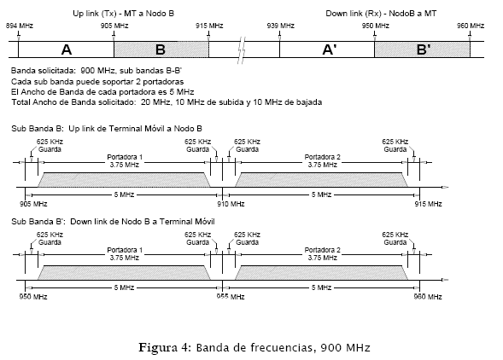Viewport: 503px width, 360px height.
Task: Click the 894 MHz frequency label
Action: [20, 26]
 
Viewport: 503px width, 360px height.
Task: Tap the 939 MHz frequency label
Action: [281, 26]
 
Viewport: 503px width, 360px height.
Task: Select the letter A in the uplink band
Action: [67, 49]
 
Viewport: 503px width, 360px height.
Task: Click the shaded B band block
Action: [161, 49]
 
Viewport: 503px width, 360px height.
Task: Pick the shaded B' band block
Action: [422, 49]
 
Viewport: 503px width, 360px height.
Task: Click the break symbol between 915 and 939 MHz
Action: [242, 50]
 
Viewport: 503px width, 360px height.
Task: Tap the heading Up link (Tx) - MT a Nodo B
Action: [124, 14]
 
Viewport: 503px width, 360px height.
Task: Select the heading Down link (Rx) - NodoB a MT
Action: [381, 14]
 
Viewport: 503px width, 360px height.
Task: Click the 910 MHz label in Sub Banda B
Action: [231, 204]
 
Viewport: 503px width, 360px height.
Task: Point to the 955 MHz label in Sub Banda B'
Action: [231, 297]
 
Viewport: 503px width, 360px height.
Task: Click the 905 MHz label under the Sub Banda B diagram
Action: [33, 204]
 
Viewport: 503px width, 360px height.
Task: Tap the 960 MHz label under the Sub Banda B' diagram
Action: [428, 297]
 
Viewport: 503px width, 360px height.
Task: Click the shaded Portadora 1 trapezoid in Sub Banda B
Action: [124, 179]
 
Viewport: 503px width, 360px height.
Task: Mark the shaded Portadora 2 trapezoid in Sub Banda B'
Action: [321, 272]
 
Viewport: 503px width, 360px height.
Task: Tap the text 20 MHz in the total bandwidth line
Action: [155, 102]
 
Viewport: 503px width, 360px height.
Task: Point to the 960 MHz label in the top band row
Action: [471, 26]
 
